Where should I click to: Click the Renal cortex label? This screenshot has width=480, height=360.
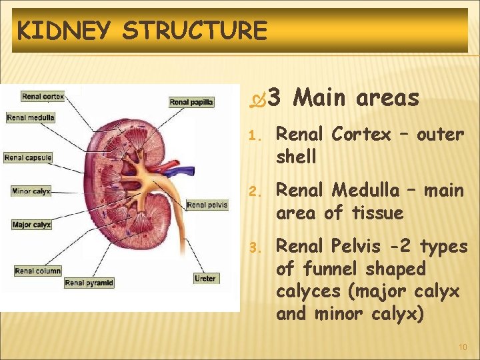click(43, 97)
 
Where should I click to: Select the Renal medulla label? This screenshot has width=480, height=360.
click(31, 118)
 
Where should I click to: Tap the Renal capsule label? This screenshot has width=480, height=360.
click(28, 158)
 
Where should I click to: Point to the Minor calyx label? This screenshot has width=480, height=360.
click(31, 191)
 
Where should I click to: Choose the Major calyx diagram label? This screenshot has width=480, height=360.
click(31, 225)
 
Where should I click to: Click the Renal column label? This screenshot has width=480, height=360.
click(38, 271)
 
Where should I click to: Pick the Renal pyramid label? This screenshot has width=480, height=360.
click(89, 283)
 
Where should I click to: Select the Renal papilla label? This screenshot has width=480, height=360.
click(191, 102)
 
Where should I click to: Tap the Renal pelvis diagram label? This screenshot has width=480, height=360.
click(207, 205)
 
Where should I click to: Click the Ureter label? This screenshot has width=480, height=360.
click(205, 277)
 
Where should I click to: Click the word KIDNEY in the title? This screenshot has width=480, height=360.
click(65, 31)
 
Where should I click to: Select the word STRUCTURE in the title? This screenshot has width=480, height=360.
click(195, 31)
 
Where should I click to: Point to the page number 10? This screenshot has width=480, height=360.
click(463, 347)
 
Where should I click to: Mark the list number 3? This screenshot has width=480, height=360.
click(253, 248)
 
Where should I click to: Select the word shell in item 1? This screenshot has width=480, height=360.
click(296, 157)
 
